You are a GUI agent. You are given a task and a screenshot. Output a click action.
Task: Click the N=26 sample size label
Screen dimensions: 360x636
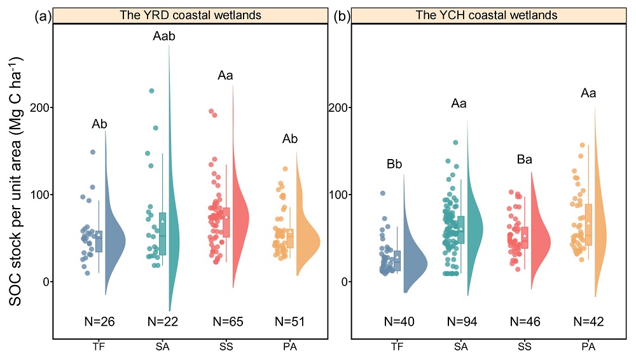tap(99, 322)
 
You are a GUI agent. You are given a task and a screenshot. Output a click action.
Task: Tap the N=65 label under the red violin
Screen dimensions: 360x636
tap(225, 322)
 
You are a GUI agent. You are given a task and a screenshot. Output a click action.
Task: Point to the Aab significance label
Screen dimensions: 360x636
tap(163, 36)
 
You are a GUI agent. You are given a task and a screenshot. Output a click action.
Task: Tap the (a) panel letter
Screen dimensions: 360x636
tap(43, 17)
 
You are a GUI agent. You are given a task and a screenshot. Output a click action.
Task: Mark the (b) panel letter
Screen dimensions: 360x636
tap(342, 17)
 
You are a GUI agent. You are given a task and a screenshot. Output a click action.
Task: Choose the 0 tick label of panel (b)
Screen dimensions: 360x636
tap(342, 281)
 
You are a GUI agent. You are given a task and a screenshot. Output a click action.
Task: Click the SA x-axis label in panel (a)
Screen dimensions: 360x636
tap(162, 347)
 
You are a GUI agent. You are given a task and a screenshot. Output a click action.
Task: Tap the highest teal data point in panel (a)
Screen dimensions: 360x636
tap(151, 91)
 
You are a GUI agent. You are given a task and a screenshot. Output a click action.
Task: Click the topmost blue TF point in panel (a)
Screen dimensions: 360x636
tap(93, 152)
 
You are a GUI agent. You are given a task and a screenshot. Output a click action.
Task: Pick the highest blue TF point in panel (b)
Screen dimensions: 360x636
tap(383, 193)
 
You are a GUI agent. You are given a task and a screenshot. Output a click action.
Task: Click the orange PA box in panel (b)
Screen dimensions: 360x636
tap(588, 224)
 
